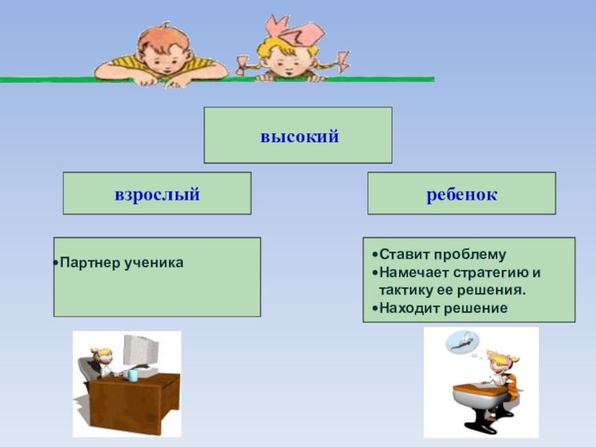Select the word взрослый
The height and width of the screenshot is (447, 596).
click(156, 194)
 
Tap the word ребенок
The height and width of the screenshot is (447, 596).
click(462, 194)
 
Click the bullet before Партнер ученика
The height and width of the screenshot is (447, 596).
click(57, 264)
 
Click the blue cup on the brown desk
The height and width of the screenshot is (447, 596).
click(133, 375)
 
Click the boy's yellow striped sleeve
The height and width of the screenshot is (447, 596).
click(208, 70)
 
